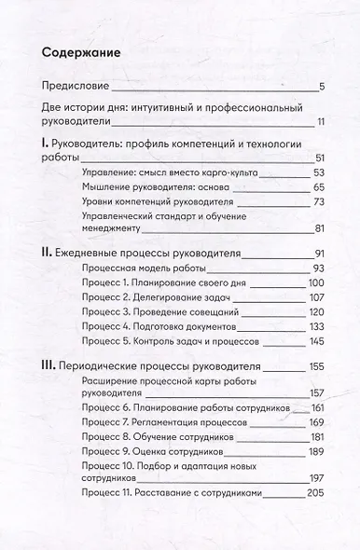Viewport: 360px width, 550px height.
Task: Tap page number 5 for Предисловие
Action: tap(320, 88)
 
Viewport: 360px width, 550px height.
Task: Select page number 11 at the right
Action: tap(318, 122)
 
